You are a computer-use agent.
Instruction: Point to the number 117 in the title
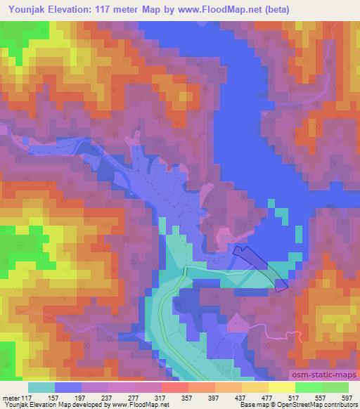coord(117,9)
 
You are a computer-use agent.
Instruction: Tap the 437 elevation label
coord(241,398)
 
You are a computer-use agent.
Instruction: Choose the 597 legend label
coord(347,398)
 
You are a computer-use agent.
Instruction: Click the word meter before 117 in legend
coord(11,398)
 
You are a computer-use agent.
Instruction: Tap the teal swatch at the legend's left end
coord(41,387)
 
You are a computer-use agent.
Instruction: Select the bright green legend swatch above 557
coord(309,387)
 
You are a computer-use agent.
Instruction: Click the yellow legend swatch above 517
coord(282,387)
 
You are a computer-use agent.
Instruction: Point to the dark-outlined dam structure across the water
coord(260,267)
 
